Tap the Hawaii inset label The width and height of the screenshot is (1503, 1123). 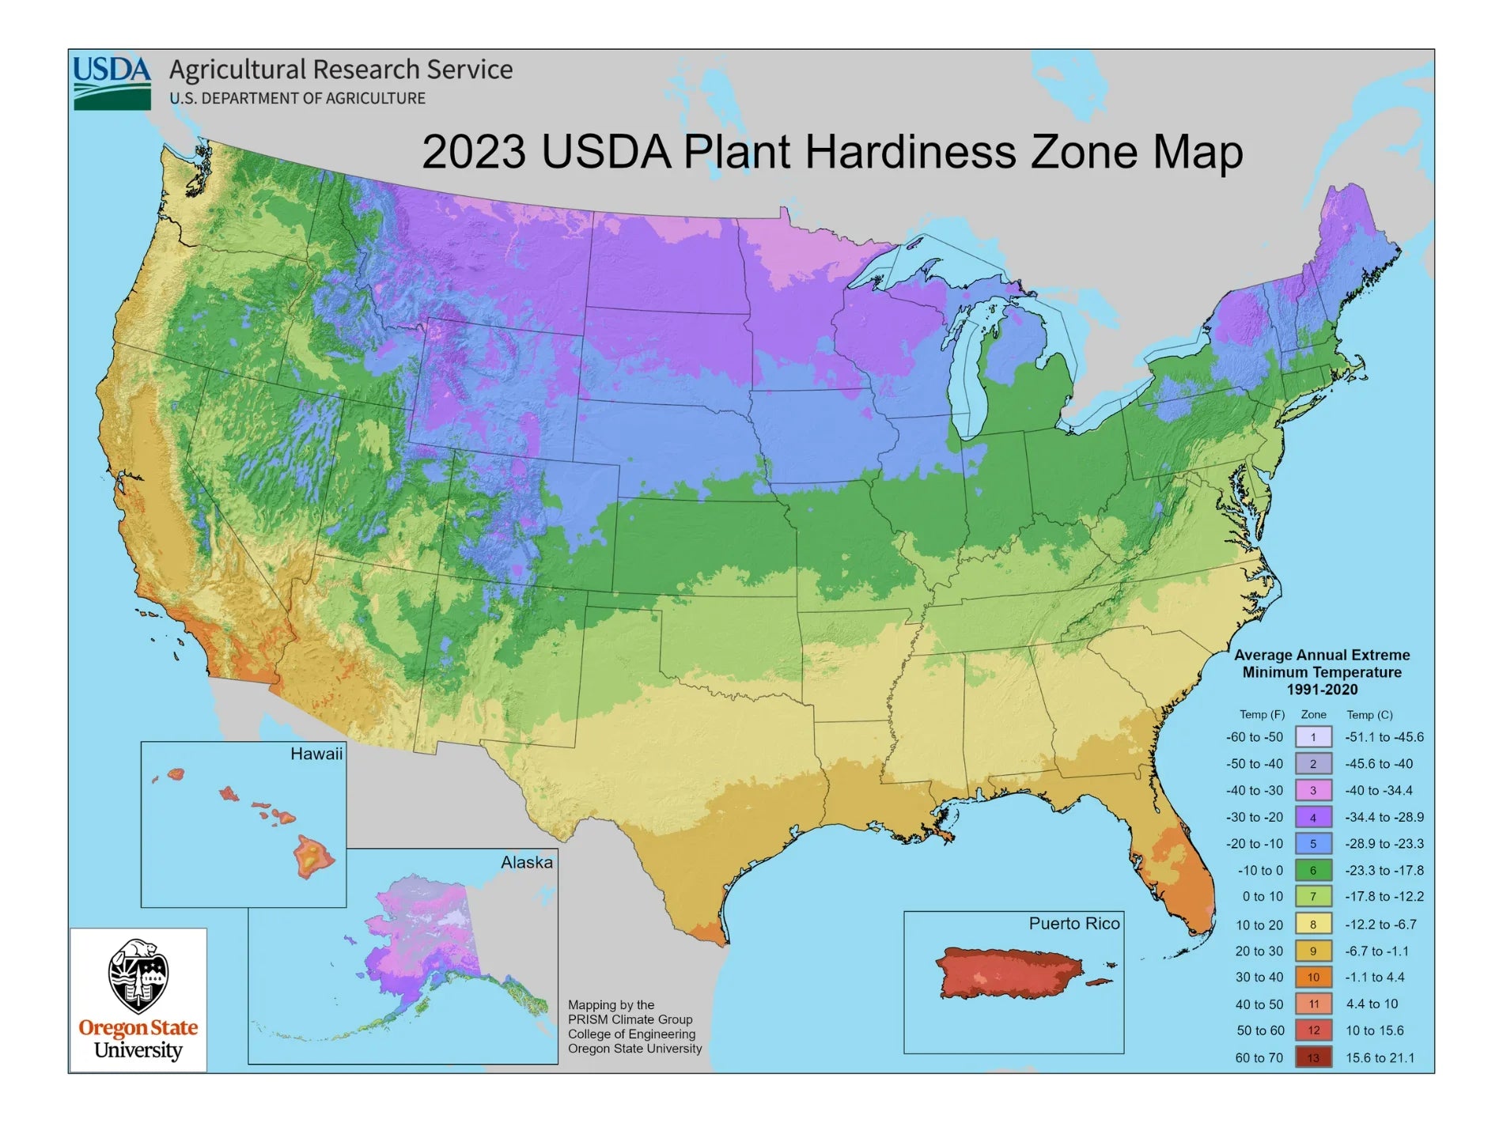coord(316,754)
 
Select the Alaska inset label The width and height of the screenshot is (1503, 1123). coord(526,862)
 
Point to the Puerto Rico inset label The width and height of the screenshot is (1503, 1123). coord(1073,923)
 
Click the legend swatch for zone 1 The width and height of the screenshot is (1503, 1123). coord(1312,737)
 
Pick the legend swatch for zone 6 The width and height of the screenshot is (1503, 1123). coord(1312,870)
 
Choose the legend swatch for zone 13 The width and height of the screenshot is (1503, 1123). coord(1312,1057)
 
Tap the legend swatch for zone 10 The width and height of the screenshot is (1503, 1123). coord(1312,977)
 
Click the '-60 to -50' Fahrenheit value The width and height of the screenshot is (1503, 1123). coord(1255,737)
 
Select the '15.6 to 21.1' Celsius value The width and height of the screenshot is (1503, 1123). coord(1380,1057)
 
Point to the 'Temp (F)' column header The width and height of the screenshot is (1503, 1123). coord(1262,714)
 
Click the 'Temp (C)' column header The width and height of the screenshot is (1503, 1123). coord(1369,714)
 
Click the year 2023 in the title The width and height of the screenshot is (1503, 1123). coord(473,152)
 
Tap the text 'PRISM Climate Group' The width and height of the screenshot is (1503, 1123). coord(630,1019)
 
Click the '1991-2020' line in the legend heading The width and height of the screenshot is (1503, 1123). coord(1322,690)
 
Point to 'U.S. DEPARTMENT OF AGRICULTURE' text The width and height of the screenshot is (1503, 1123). coord(297,98)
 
